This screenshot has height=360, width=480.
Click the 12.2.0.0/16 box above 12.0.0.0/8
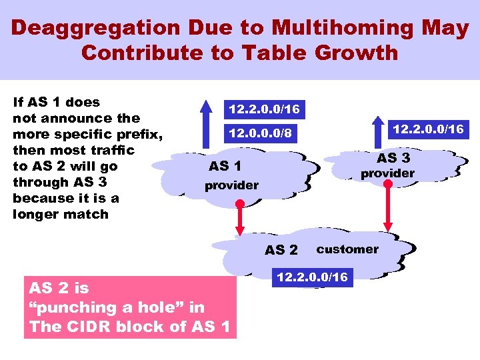click(x=264, y=109)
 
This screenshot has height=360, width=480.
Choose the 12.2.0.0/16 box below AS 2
click(x=312, y=277)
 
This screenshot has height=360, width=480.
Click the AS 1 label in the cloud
click(x=225, y=166)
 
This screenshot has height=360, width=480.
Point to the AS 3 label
click(x=393, y=158)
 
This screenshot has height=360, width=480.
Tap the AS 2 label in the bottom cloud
click(x=281, y=250)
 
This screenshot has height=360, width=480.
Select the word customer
click(x=347, y=249)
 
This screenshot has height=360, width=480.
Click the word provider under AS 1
click(x=231, y=185)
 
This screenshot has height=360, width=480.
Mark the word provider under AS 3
click(x=387, y=173)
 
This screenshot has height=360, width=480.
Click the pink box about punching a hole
click(x=130, y=307)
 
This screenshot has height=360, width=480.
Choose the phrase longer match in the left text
click(x=60, y=214)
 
